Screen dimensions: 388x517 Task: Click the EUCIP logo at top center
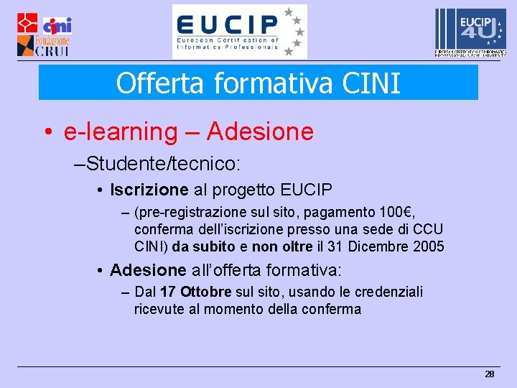(x=239, y=32)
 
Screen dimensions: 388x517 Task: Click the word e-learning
(x=115, y=131)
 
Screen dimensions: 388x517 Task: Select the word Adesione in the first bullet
(x=260, y=131)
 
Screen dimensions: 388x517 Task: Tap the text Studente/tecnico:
(x=162, y=163)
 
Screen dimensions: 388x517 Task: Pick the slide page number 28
(x=490, y=374)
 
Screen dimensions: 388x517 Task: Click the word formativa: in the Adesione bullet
(x=304, y=271)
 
